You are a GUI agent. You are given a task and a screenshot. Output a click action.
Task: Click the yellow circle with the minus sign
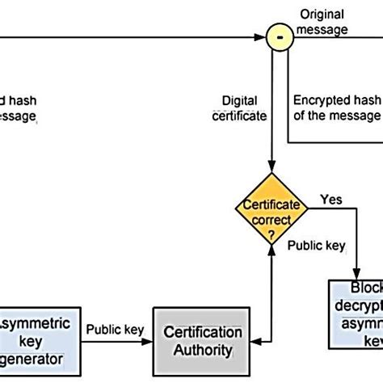278,36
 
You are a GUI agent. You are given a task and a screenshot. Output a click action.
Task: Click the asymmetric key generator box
40,341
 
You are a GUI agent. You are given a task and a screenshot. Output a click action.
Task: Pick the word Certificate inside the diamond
272,205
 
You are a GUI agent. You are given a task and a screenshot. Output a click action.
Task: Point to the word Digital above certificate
240,101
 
